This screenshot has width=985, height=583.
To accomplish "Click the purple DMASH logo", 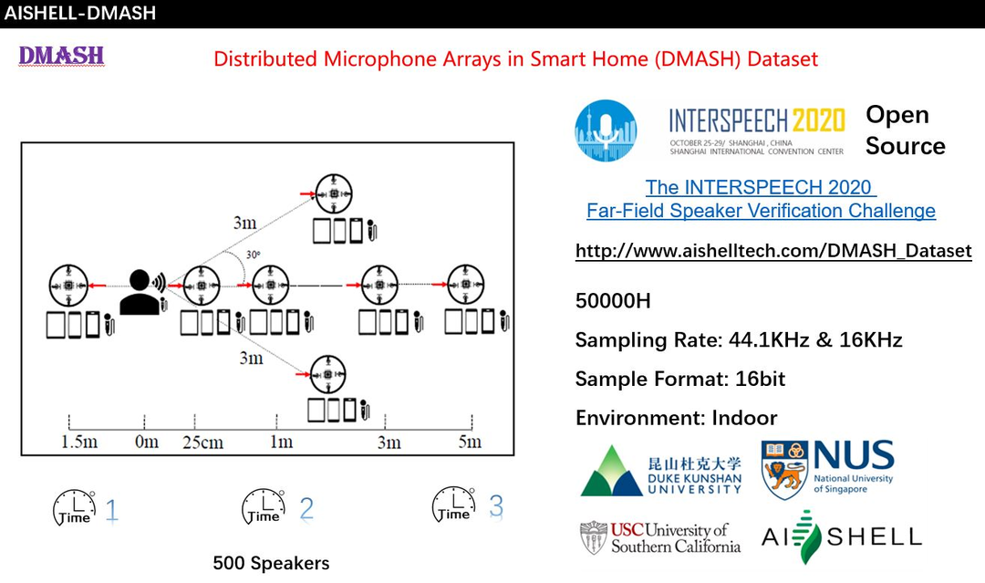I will pyautogui.click(x=62, y=57).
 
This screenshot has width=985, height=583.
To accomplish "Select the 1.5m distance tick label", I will pyautogui.click(x=78, y=442).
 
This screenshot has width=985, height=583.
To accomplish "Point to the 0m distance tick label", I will pyautogui.click(x=146, y=442).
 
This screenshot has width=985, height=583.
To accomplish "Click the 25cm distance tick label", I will pyautogui.click(x=203, y=442).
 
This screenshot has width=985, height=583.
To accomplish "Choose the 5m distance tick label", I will pyautogui.click(x=469, y=442).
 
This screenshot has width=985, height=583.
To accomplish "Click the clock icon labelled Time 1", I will pyautogui.click(x=74, y=507).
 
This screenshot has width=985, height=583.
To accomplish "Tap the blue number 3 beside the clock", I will pyautogui.click(x=496, y=506).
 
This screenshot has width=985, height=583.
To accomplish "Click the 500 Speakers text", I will pyautogui.click(x=271, y=563).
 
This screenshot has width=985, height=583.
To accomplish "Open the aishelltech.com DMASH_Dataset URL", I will pyautogui.click(x=773, y=251).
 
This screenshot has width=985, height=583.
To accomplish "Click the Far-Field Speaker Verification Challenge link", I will pyautogui.click(x=761, y=211).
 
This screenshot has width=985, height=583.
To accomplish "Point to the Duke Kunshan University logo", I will pyautogui.click(x=661, y=470).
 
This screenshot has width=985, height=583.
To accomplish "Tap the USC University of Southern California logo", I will pyautogui.click(x=660, y=537).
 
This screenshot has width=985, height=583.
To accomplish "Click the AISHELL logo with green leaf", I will pyautogui.click(x=841, y=536).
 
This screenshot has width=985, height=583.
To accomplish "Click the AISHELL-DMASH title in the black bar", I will pyautogui.click(x=80, y=13).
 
